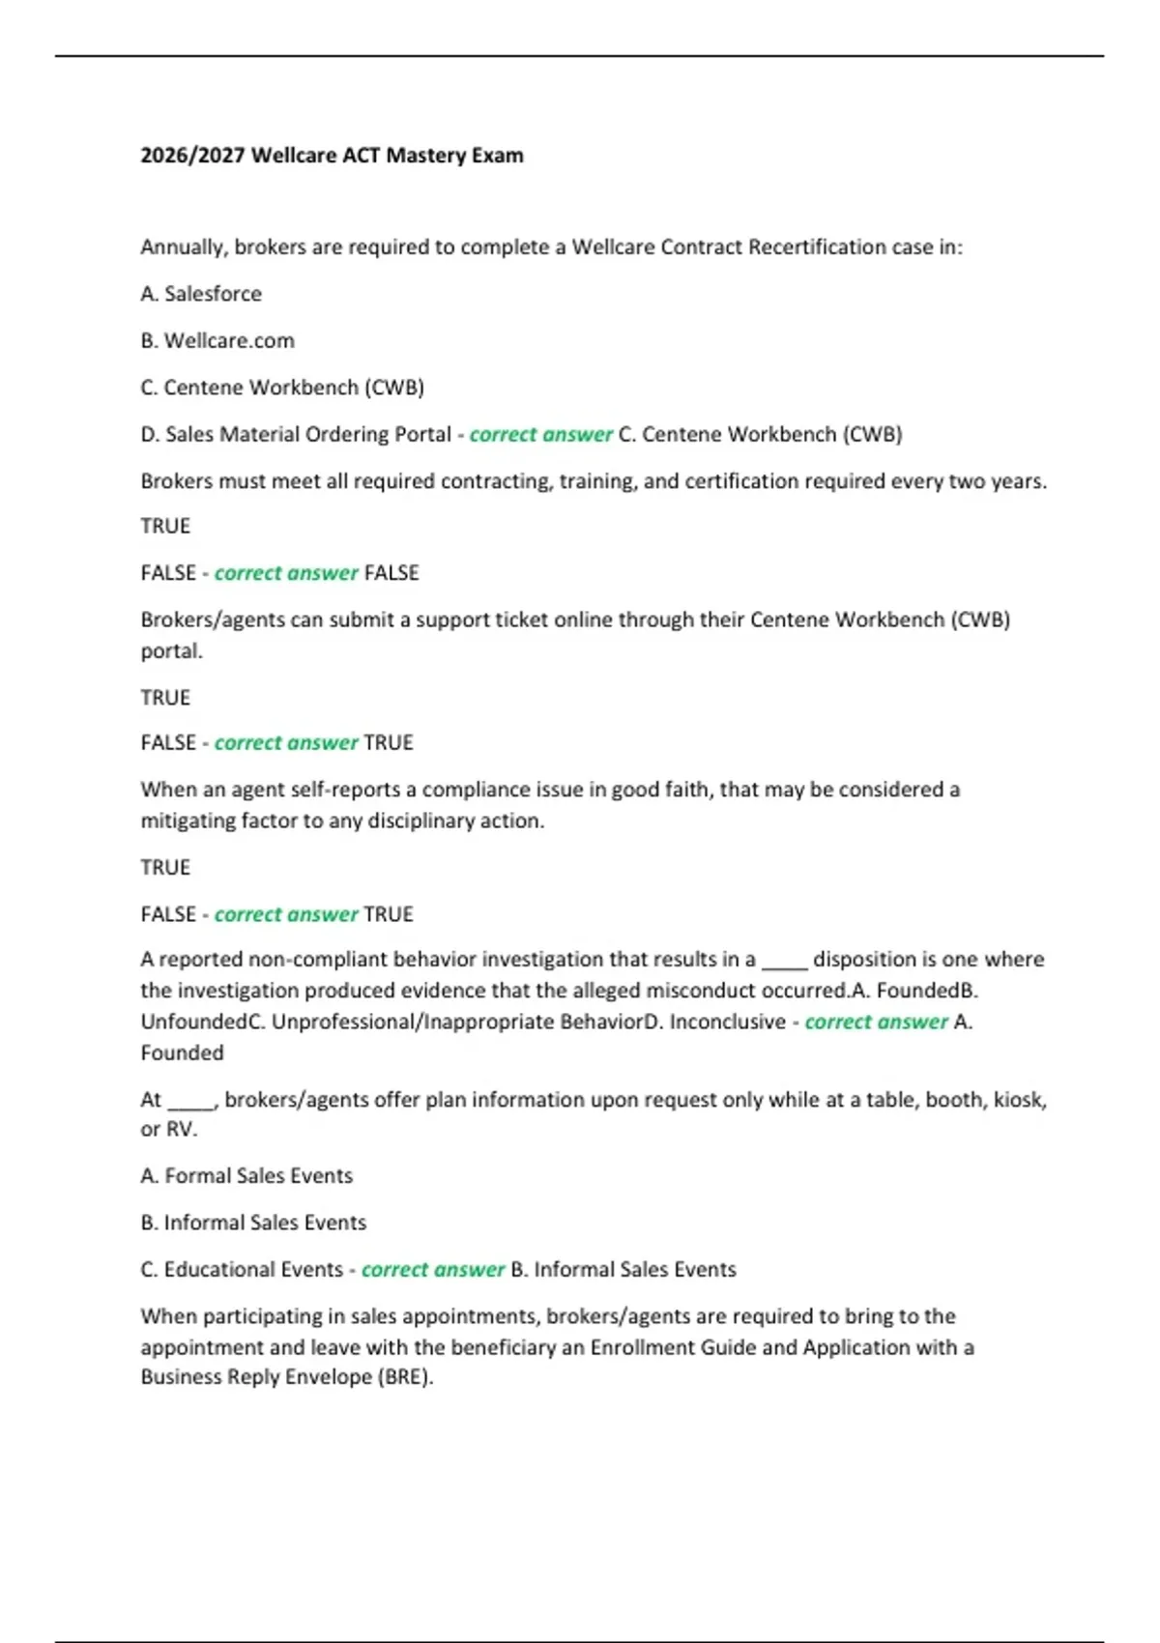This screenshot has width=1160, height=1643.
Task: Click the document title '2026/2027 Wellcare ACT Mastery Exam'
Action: (x=332, y=156)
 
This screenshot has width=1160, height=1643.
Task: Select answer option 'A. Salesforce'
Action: (x=201, y=294)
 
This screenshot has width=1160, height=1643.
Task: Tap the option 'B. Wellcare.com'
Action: (x=217, y=341)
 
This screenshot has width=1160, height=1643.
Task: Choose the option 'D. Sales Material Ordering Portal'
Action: (x=296, y=435)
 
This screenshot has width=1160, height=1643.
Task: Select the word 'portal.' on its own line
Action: (x=172, y=651)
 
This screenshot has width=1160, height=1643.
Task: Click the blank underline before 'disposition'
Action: (x=784, y=961)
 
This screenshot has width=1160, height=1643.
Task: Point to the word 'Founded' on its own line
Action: (x=182, y=1053)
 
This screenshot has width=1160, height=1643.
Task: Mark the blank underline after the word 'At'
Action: (x=190, y=1101)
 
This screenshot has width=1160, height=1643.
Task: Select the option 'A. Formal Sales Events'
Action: (x=246, y=1176)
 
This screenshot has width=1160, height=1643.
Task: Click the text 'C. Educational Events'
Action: (x=242, y=1270)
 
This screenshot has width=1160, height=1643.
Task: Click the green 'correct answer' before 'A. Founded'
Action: (x=876, y=1023)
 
